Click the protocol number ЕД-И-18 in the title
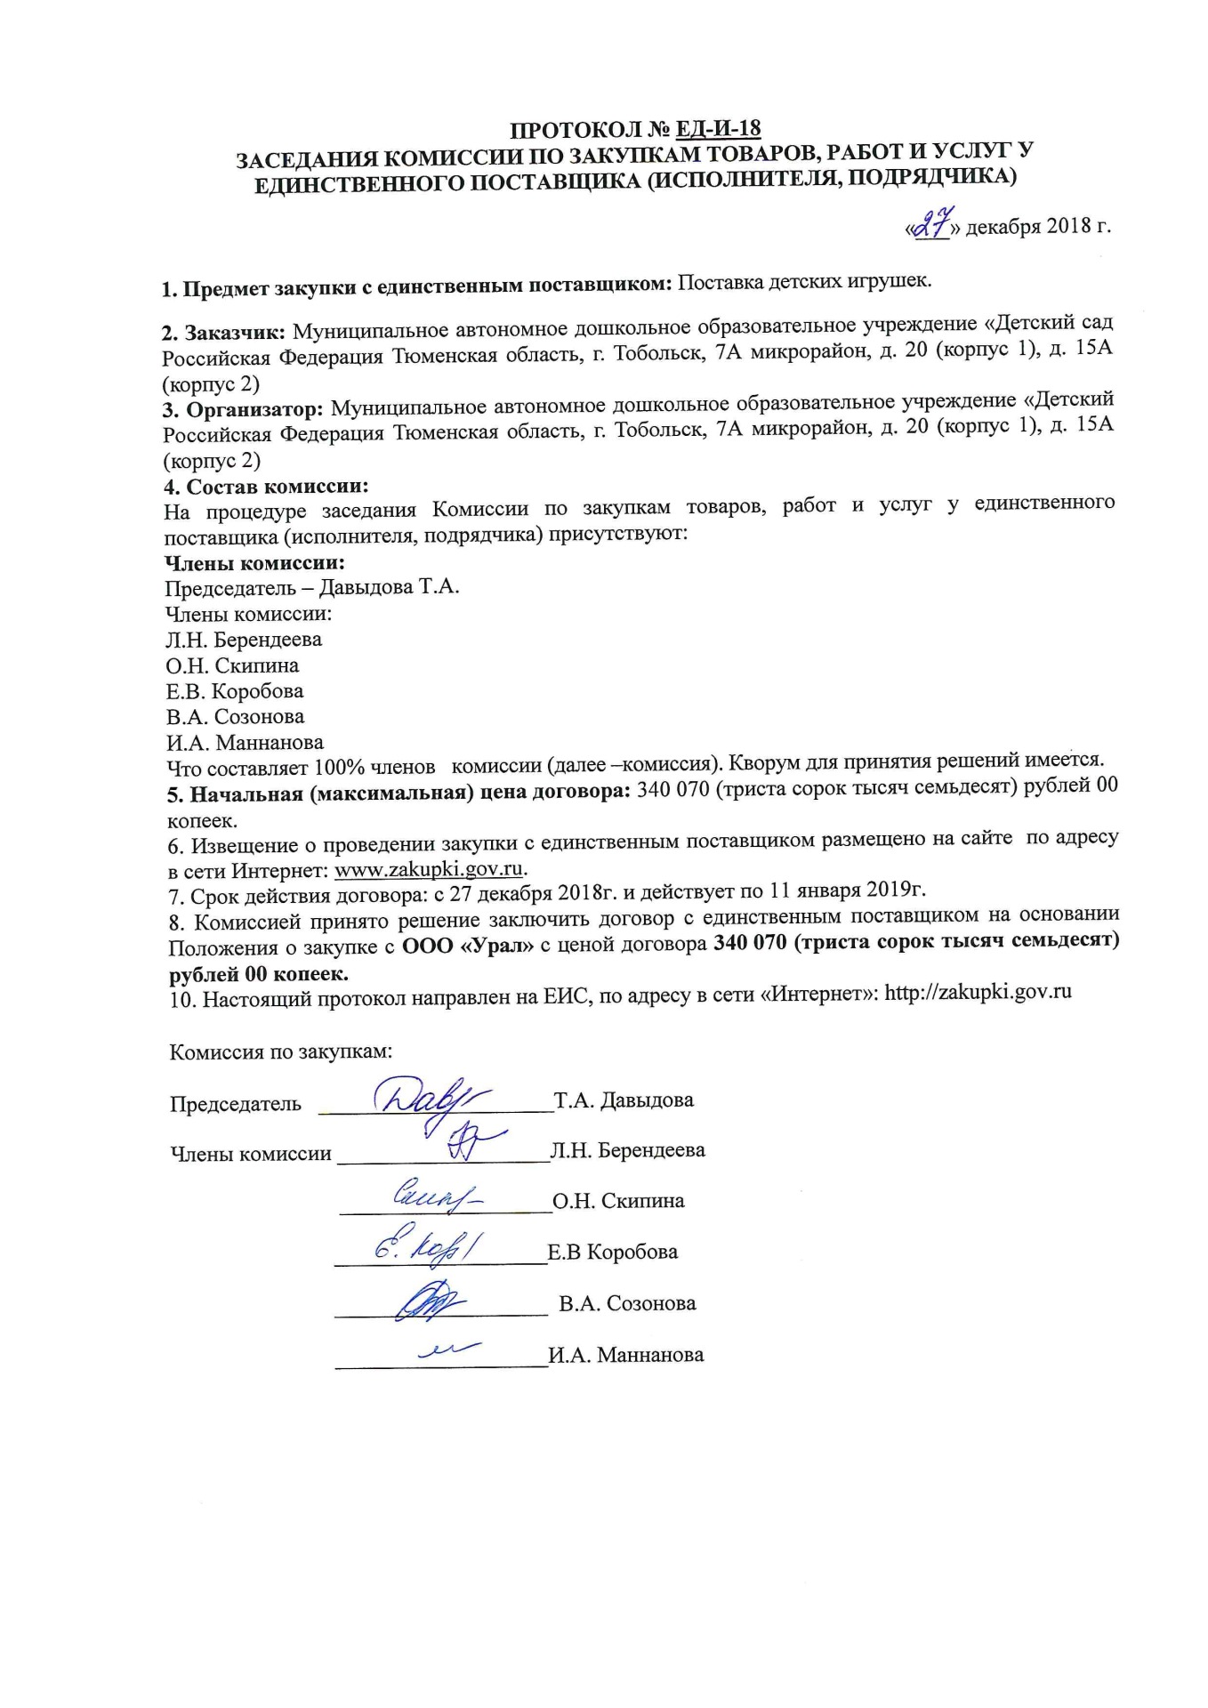pos(718,130)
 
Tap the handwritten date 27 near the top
pos(930,227)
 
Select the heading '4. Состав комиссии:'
pos(266,487)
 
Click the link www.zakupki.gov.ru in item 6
pos(428,867)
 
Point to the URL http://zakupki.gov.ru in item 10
pos(978,992)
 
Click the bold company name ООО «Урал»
pos(468,946)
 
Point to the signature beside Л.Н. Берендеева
pos(466,1140)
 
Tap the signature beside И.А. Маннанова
pos(449,1350)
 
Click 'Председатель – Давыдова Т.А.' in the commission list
pos(312,588)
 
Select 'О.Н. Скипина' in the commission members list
pos(232,665)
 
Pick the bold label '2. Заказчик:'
pos(223,334)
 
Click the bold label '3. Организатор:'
pos(243,411)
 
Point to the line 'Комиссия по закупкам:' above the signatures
pos(281,1051)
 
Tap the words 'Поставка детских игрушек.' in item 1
pos(805,283)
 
